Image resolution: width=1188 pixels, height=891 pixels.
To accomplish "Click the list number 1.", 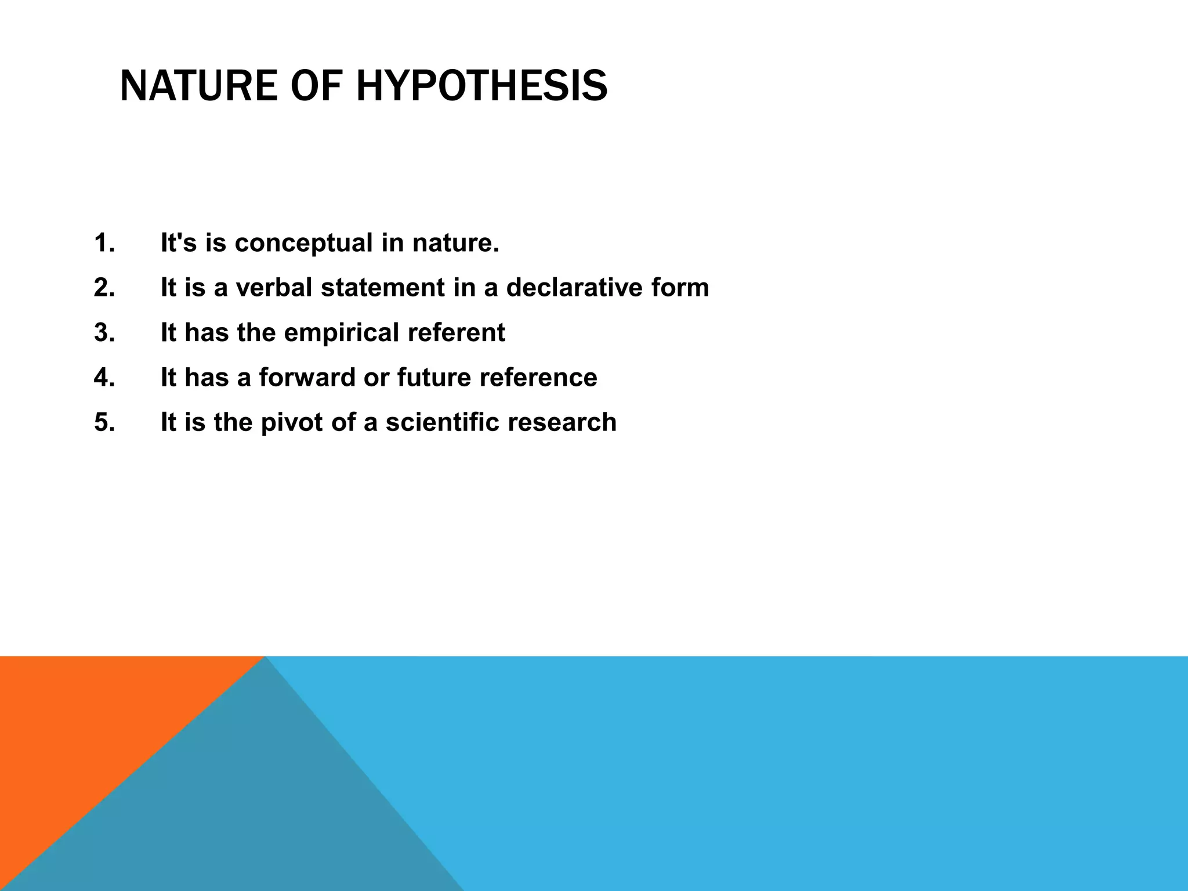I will [104, 242].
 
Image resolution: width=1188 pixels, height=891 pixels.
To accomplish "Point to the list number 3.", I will [104, 332].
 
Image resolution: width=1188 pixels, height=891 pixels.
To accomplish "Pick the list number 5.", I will [104, 422].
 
